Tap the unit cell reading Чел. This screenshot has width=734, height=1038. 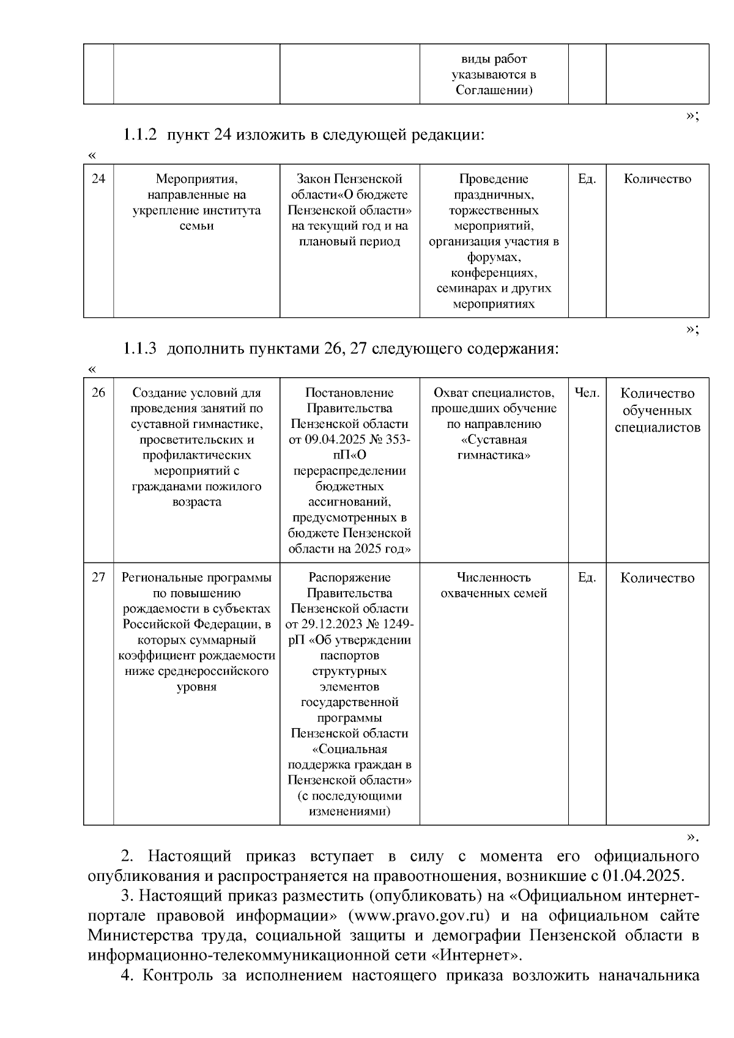click(587, 392)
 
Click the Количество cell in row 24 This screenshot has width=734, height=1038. click(658, 179)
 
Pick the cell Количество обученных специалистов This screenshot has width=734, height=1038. click(658, 410)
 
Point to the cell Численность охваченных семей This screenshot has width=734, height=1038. click(494, 585)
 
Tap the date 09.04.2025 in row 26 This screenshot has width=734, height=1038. click(334, 440)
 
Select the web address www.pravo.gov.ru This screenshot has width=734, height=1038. click(423, 916)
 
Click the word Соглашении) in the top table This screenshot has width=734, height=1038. click(494, 90)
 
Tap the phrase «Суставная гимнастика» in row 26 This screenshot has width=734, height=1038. click(494, 447)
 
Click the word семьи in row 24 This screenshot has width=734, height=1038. click(196, 226)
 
